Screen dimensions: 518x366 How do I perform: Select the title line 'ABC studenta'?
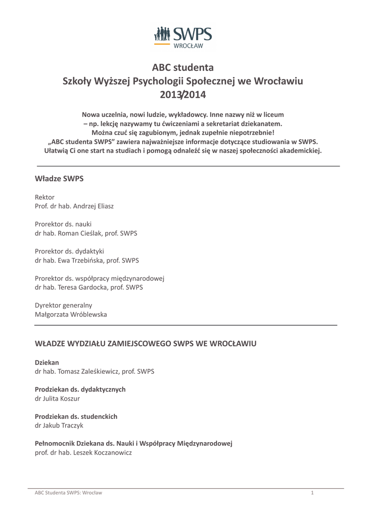[x=183, y=67]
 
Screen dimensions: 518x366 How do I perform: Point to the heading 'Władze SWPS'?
[x=59, y=179]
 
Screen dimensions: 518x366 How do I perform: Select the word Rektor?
[x=44, y=197]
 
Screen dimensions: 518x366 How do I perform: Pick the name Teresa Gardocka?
[x=83, y=287]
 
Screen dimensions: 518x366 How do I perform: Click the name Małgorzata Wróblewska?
[x=71, y=314]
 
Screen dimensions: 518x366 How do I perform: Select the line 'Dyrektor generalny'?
[x=63, y=305]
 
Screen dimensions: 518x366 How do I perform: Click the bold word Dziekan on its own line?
[x=47, y=362]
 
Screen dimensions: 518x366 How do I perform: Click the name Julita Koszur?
[x=63, y=398]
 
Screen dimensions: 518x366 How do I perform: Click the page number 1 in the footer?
[x=312, y=493]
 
